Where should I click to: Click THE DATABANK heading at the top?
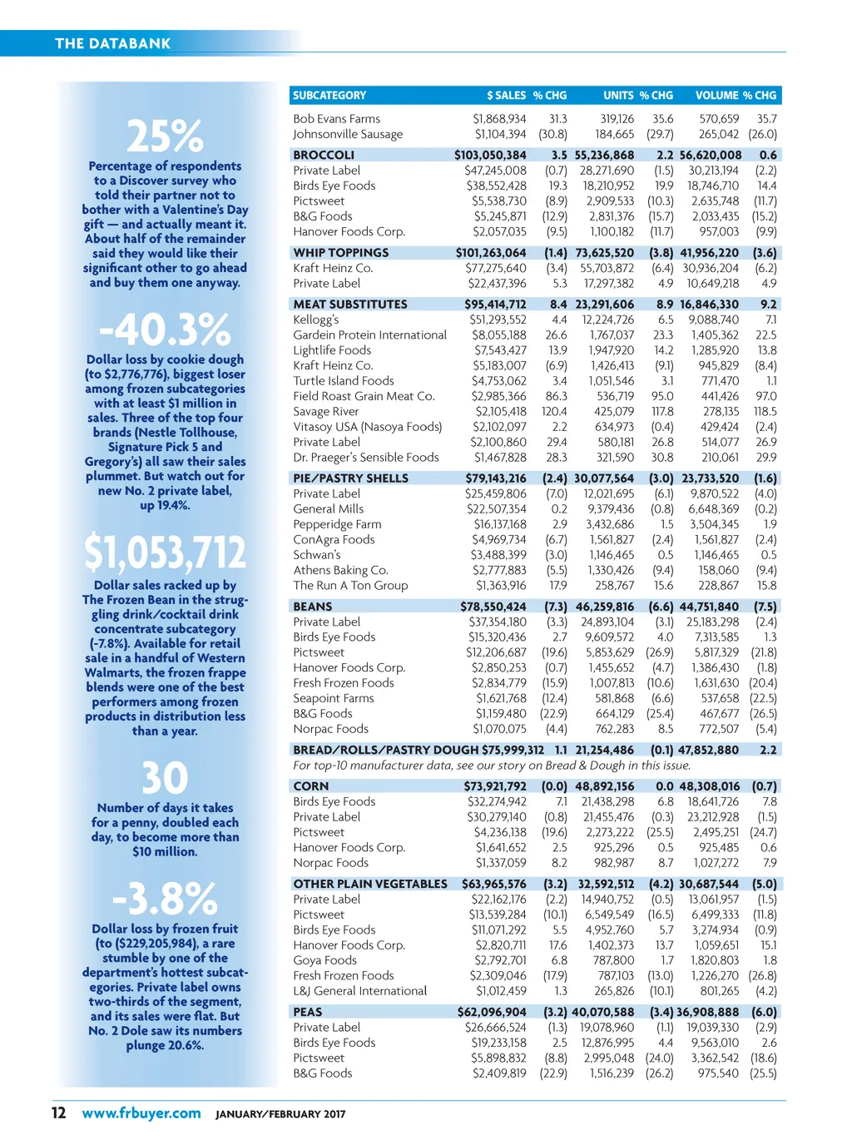click(x=112, y=43)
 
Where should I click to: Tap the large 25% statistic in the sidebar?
click(x=165, y=136)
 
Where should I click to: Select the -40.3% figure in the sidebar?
click(x=165, y=330)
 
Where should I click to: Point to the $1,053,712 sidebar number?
click(x=165, y=553)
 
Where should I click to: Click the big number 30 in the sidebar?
click(x=165, y=779)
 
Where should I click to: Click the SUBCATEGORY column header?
click(x=329, y=96)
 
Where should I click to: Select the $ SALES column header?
click(x=506, y=96)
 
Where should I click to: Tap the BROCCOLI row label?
click(x=324, y=155)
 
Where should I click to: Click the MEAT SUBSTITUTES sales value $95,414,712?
click(x=495, y=305)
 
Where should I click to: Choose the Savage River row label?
click(x=326, y=411)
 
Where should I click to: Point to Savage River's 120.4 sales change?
click(x=554, y=411)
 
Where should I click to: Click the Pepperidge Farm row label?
click(x=337, y=524)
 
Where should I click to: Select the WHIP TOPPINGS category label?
click(x=341, y=253)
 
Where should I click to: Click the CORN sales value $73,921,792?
click(x=495, y=786)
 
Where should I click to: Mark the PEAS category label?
click(x=308, y=1012)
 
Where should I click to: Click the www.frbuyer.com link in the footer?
click(x=141, y=1113)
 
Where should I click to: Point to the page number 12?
click(x=59, y=1113)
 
